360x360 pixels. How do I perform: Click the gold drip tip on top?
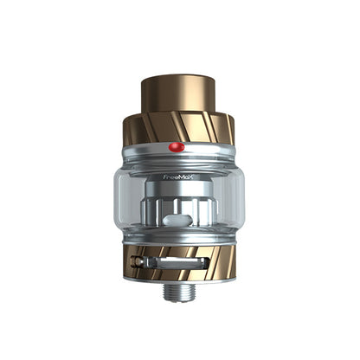click(x=179, y=97)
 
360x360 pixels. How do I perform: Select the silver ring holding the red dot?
click(x=179, y=152)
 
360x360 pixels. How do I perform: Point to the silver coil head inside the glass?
click(x=180, y=208)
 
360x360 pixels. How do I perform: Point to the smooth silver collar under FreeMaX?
click(x=179, y=185)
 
